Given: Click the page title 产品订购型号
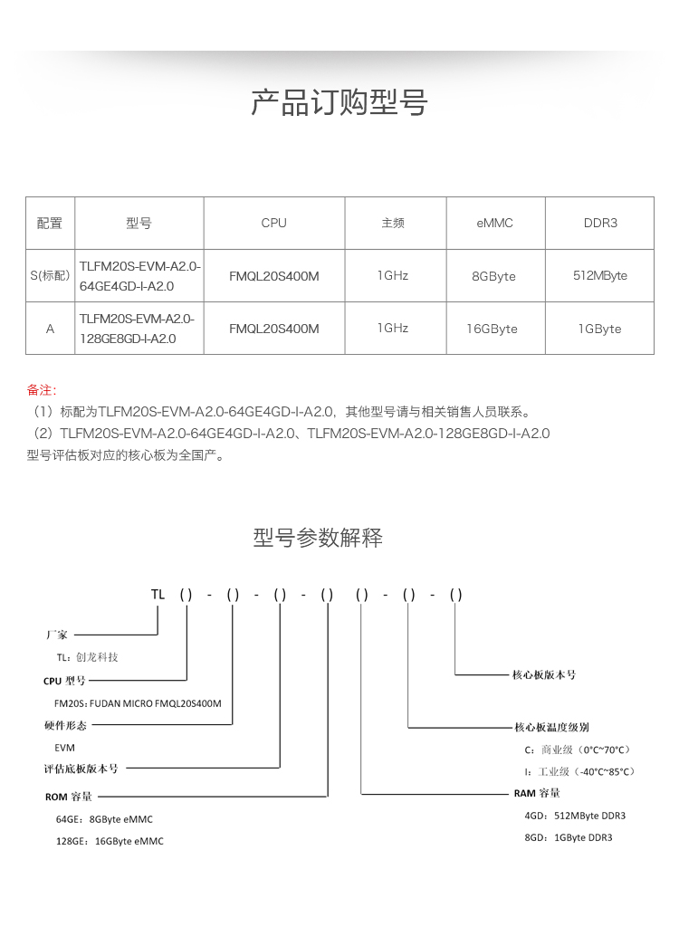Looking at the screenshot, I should tap(339, 103).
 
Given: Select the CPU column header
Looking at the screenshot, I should tap(273, 223).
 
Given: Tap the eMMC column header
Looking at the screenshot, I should tap(494, 223).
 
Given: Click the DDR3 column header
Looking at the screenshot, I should tap(600, 223).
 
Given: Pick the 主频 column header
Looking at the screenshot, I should tap(393, 223).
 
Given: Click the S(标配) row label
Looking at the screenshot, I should tap(50, 275).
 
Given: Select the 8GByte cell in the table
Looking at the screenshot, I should tap(494, 276).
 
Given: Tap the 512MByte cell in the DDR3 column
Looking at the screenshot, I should tap(600, 275).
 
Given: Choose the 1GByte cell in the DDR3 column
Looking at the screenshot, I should tap(600, 329).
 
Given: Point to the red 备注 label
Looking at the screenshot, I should tap(40, 390).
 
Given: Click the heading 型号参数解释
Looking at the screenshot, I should tap(318, 539).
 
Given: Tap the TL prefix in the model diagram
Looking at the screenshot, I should tap(158, 595).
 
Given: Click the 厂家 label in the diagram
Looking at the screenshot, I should tap(56, 635).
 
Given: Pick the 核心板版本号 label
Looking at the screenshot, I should tap(544, 674).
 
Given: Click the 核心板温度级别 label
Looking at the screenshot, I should tap(551, 727).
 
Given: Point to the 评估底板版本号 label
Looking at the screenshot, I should tap(81, 769).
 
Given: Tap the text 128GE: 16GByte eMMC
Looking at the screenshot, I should tap(110, 841).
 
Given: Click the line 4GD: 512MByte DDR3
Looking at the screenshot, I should tap(575, 816).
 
